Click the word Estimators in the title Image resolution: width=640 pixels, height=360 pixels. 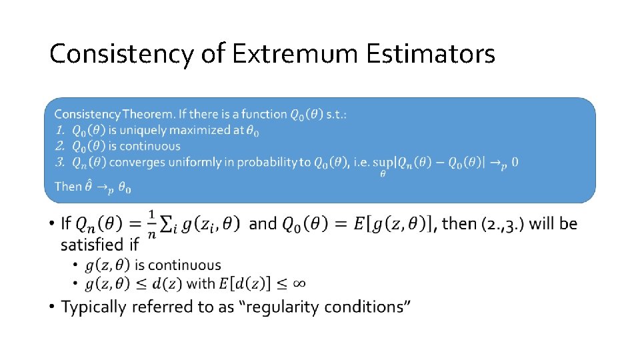[x=431, y=54]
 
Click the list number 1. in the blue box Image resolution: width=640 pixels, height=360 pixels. [x=60, y=130]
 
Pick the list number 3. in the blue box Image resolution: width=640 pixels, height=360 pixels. [x=60, y=162]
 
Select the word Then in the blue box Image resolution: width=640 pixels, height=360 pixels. [x=68, y=187]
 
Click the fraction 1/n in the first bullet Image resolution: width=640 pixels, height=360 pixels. [x=151, y=224]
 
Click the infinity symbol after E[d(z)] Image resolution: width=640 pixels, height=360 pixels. [x=299, y=283]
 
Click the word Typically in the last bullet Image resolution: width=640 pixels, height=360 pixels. [x=94, y=307]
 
